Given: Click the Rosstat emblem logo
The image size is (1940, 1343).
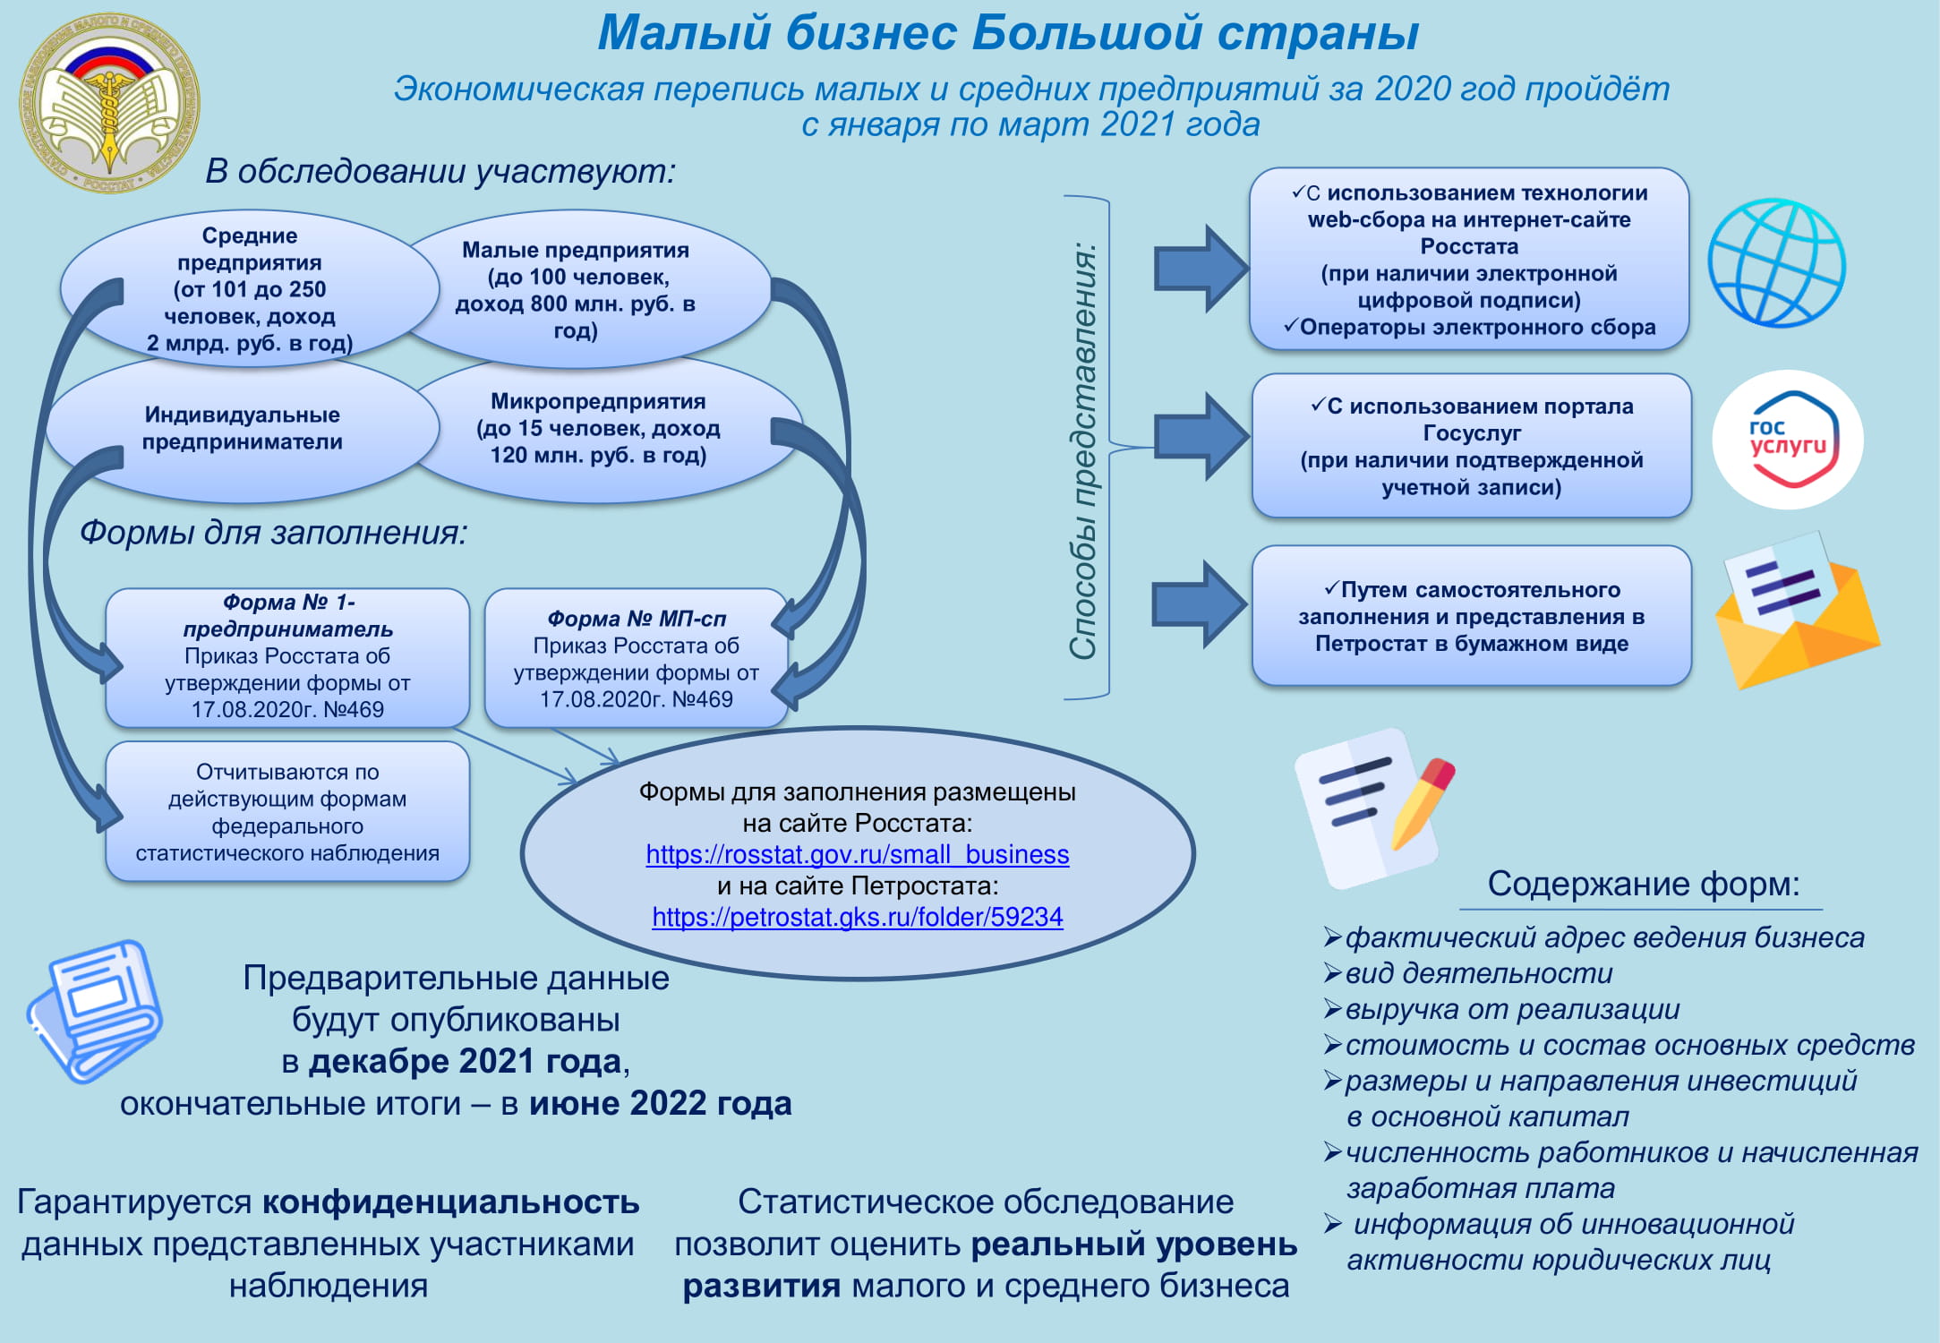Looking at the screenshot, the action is (110, 103).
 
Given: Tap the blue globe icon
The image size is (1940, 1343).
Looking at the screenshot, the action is (1777, 263).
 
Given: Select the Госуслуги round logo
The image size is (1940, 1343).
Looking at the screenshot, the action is (1788, 440).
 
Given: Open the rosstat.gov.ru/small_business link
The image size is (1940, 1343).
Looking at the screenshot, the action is (858, 854).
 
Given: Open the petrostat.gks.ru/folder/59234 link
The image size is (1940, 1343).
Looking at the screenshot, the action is (858, 917).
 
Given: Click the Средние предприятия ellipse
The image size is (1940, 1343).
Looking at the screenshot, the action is (250, 288).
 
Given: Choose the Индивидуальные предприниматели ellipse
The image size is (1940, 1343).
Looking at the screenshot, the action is (243, 428).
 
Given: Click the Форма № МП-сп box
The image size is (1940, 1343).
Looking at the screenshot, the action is (637, 658).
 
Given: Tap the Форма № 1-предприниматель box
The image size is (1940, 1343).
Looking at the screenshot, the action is (287, 658).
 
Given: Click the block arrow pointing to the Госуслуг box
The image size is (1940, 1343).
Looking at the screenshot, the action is (1201, 437).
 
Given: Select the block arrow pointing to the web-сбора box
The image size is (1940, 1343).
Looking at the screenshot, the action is (1201, 269).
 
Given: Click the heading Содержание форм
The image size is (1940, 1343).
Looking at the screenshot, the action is (1644, 884).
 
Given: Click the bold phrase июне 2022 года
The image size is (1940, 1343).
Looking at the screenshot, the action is (661, 1103).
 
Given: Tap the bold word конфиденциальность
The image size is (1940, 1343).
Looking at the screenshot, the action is (451, 1202).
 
